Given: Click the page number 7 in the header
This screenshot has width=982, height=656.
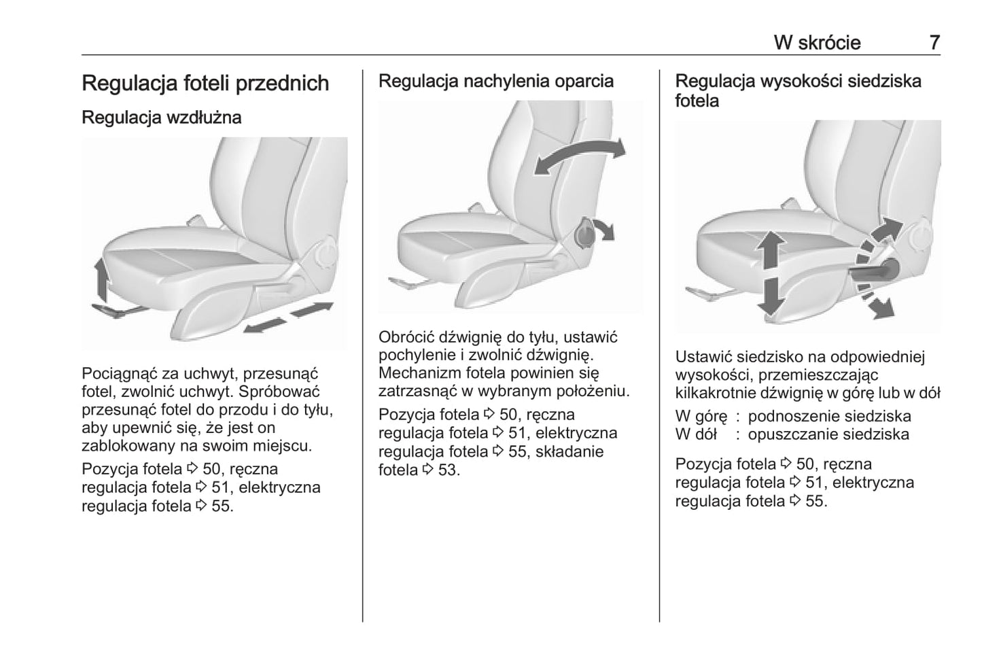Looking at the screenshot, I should point(934,42).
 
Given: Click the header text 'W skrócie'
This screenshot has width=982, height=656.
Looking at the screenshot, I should point(817,42).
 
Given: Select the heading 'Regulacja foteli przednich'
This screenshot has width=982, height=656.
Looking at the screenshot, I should point(205,83).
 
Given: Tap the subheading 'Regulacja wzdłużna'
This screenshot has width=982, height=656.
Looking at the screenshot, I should point(161,117).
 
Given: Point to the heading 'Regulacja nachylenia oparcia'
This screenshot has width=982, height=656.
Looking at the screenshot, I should point(495,81).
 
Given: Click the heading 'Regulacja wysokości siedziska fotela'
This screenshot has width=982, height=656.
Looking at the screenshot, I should point(798,90).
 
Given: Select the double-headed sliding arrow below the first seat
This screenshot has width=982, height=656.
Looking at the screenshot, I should point(288,318).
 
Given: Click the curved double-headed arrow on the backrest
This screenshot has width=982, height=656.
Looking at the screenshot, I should point(579,156).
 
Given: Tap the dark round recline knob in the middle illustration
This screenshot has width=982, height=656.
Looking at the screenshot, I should point(584,235).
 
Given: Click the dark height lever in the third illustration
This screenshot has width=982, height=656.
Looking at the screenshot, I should point(877,270).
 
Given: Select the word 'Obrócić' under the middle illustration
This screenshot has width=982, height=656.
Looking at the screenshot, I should point(406,336).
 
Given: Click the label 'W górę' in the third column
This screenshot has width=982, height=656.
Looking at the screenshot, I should point(701,416).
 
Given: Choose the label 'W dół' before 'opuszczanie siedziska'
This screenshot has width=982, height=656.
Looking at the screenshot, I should point(696,434).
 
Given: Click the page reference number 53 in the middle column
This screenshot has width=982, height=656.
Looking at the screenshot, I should point(449,470).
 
